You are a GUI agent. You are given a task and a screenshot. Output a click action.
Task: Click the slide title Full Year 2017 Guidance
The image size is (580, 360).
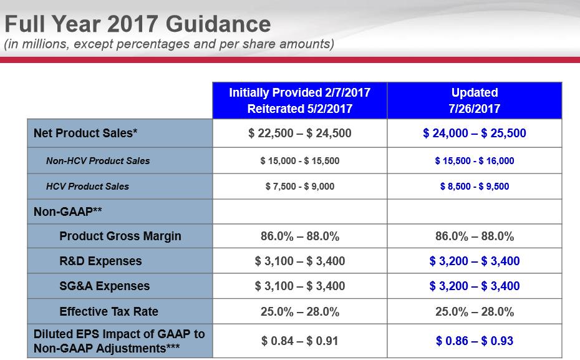click(x=138, y=24)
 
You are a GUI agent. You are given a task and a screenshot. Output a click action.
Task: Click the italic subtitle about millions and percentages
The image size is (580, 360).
click(x=169, y=44)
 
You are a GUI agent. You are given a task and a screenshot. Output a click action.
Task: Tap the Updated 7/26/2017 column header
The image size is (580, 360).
click(x=475, y=100)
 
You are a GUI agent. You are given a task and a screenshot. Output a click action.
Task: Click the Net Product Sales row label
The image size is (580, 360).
click(x=85, y=133)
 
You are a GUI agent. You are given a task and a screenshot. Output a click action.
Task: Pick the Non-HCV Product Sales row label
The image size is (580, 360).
click(x=98, y=160)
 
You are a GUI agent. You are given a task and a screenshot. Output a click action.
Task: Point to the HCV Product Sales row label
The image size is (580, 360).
click(x=88, y=186)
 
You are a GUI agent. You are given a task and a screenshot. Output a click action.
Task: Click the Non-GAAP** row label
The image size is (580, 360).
click(x=68, y=212)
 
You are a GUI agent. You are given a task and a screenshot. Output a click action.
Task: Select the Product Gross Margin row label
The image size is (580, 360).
click(x=120, y=236)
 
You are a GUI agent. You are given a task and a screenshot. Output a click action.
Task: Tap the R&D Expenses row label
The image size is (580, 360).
click(x=100, y=261)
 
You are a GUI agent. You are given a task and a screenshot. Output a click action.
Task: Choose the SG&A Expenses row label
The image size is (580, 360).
click(x=105, y=286)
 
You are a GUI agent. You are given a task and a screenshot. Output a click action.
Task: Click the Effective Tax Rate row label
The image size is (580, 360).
click(x=109, y=311)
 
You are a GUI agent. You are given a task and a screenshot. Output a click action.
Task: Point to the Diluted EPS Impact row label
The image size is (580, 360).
click(x=119, y=341)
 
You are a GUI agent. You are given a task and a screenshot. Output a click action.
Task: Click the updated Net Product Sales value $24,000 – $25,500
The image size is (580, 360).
click(x=475, y=133)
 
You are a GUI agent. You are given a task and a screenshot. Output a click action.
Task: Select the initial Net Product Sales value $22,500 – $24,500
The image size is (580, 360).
click(x=299, y=133)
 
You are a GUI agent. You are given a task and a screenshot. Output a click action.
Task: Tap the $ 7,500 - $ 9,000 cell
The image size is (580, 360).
click(x=299, y=187)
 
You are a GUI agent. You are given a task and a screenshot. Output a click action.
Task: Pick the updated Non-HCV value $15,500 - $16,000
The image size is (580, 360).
click(x=475, y=161)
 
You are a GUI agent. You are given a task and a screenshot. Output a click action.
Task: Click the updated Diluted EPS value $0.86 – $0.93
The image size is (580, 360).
click(x=475, y=341)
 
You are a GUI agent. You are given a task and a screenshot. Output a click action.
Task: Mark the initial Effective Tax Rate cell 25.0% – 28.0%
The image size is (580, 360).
click(x=299, y=311)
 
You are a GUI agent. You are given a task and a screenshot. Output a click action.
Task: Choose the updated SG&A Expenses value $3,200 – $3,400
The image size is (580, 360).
click(x=475, y=286)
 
